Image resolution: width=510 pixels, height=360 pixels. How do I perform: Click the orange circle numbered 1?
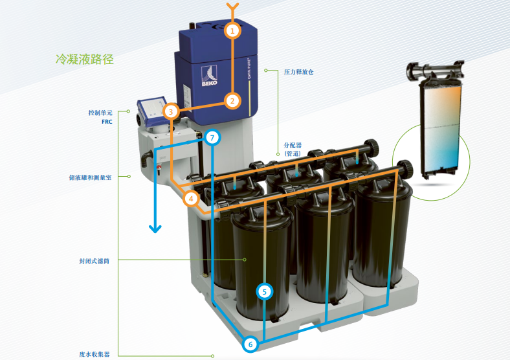pos(232,30)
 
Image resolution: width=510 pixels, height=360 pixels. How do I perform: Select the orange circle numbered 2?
pos(232,100)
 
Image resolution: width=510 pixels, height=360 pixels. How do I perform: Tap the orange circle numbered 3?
pos(170,111)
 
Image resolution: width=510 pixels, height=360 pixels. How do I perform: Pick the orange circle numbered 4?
pos(190,198)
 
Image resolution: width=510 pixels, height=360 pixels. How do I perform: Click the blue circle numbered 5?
pos(264,291)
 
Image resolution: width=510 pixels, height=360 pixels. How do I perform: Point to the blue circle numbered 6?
pos(250,344)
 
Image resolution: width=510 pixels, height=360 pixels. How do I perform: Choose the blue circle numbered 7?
pos(213,137)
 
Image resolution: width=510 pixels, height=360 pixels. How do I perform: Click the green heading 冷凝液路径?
pos(85,60)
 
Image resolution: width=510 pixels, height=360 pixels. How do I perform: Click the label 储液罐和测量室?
pos(91,176)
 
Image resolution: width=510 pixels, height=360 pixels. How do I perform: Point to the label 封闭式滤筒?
pos(94,261)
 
